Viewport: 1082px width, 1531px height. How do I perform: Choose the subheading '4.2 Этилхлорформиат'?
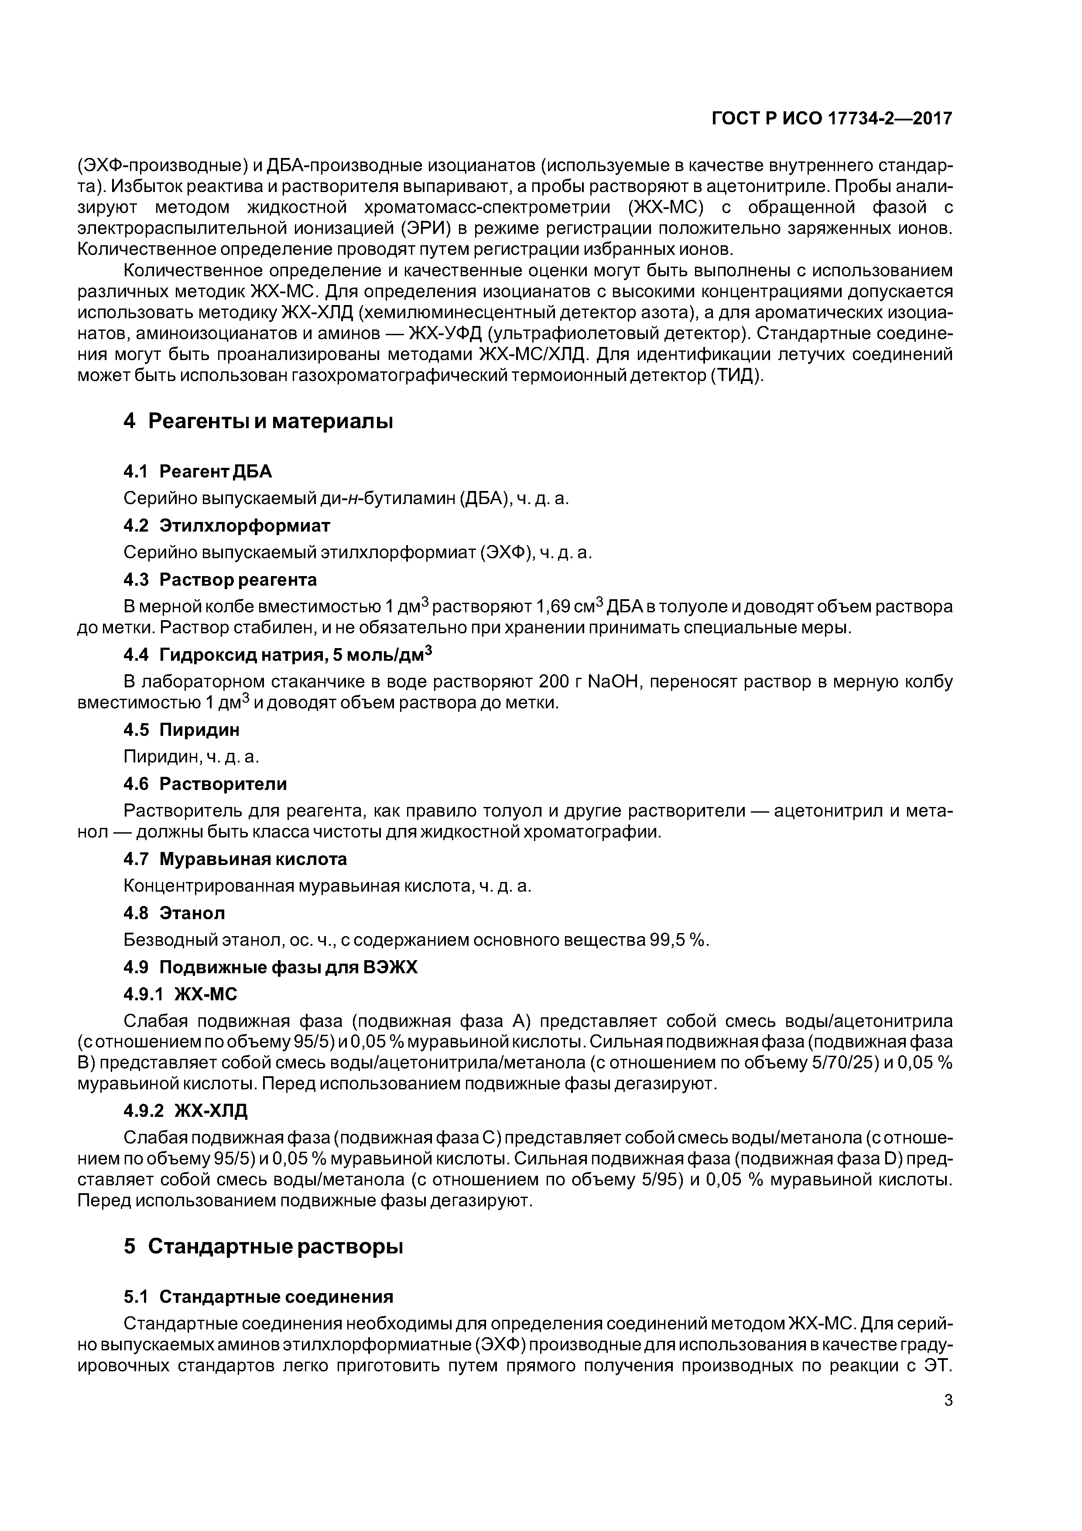227,525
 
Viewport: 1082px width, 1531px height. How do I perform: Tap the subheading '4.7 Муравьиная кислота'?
235,859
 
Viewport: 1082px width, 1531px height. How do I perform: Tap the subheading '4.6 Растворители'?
205,783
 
